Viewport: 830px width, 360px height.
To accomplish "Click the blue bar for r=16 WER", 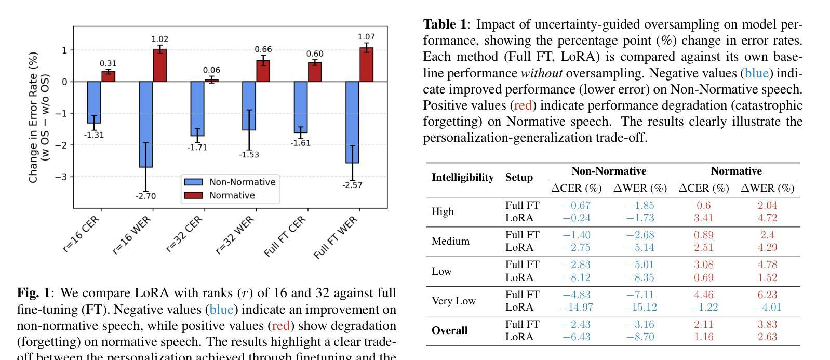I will click(x=145, y=124).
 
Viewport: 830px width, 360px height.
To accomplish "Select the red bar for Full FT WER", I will click(x=366, y=64).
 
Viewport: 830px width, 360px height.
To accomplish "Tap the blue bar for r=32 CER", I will click(x=197, y=109).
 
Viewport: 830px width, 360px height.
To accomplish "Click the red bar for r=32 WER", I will click(x=263, y=71).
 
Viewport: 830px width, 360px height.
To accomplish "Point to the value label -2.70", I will click(x=145, y=196).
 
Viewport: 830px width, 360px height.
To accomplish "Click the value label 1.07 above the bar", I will click(x=366, y=37).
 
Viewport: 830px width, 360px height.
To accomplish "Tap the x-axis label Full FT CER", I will click(x=285, y=236).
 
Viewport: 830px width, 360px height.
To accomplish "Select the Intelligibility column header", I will click(x=462, y=177).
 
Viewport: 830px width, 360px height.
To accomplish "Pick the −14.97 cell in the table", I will click(x=576, y=307).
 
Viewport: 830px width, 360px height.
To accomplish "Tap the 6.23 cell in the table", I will click(x=767, y=295).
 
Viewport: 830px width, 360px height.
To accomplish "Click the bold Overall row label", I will click(x=449, y=330).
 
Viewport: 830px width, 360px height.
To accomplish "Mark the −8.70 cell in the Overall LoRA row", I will click(x=640, y=337).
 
